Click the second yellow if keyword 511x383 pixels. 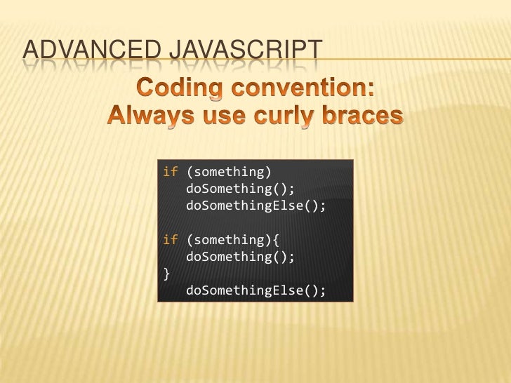click(170, 241)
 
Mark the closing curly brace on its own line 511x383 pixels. click(166, 274)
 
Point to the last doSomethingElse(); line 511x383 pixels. click(256, 290)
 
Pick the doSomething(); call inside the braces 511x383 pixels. click(240, 257)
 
